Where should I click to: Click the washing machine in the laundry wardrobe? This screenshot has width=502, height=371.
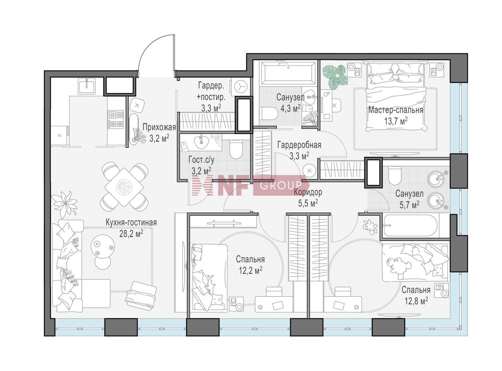coord(240,86)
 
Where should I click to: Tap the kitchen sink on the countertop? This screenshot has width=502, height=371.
coord(87,86)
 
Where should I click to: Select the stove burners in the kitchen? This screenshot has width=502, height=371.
coord(116,119)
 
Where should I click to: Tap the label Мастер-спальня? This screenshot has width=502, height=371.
coord(396,110)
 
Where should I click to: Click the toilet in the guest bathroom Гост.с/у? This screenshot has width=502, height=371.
coord(236,149)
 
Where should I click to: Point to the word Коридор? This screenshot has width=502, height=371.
coord(308,192)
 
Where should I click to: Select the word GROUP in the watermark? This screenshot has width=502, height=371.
coord(281,185)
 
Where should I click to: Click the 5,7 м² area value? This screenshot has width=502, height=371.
coord(409,205)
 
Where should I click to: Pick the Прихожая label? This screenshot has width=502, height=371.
coord(159,127)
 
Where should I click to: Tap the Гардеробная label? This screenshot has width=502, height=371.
coord(299,145)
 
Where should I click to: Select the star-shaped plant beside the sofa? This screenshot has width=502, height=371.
coord(64,203)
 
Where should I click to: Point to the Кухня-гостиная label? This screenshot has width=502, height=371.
coord(131,222)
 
